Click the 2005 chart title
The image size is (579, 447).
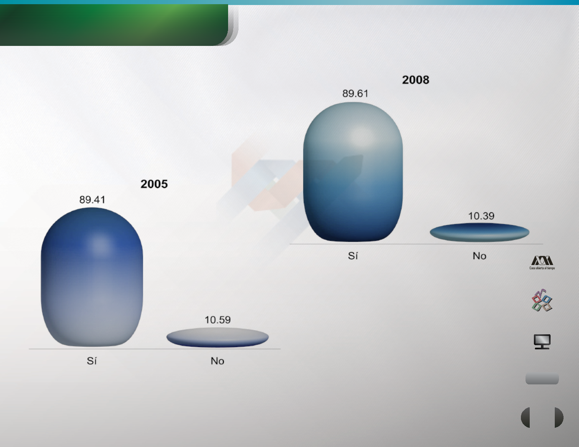point(154,184)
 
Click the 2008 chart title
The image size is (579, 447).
point(415,80)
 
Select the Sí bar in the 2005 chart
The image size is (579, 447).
point(92,277)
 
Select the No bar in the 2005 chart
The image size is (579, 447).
point(217,337)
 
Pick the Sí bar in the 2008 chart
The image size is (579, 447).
point(353,172)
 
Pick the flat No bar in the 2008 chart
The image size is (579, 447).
point(479,232)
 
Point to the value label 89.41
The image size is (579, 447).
point(92,200)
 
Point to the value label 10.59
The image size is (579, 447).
point(217,320)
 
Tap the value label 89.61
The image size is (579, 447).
point(355,93)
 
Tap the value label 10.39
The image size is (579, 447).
point(481,216)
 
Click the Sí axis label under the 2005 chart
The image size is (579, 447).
point(91,361)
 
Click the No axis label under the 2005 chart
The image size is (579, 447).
point(217,361)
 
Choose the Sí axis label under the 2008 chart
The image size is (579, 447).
point(353,255)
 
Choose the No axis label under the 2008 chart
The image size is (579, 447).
point(479,256)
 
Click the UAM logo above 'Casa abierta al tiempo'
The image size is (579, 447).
point(542,260)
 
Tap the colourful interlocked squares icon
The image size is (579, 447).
point(542,301)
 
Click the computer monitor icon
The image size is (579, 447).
point(542,341)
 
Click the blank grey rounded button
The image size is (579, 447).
point(542,379)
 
